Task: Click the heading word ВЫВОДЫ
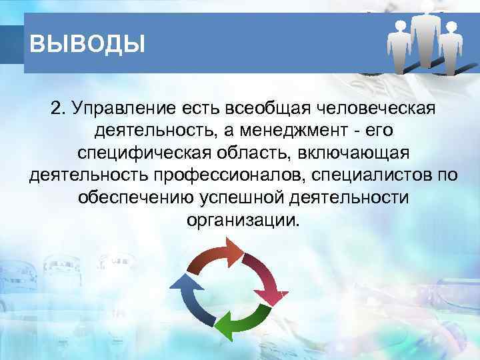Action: coord(87,45)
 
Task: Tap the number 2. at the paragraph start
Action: coord(59,108)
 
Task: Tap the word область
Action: coord(254,153)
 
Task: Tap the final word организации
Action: coord(239,220)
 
